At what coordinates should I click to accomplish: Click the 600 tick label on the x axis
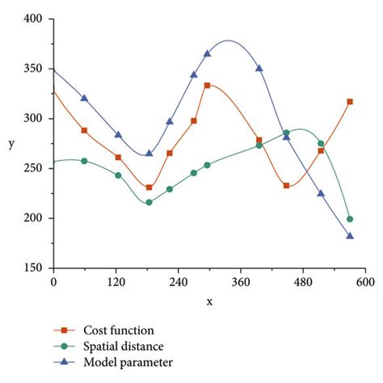tap(365, 283)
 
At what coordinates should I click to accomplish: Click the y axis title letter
tap(11, 143)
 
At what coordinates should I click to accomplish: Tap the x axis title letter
tap(209, 301)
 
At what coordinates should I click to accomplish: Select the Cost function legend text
tap(119, 330)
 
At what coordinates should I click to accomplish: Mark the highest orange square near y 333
tap(208, 85)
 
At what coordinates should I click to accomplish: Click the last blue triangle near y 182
tap(350, 236)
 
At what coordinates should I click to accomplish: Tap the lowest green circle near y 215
tap(149, 202)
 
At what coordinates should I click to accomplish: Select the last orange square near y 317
tap(350, 102)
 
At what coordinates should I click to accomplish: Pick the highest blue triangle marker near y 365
tap(208, 53)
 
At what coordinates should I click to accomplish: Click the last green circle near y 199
tap(350, 219)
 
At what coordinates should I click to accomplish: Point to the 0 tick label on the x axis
tap(53, 283)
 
